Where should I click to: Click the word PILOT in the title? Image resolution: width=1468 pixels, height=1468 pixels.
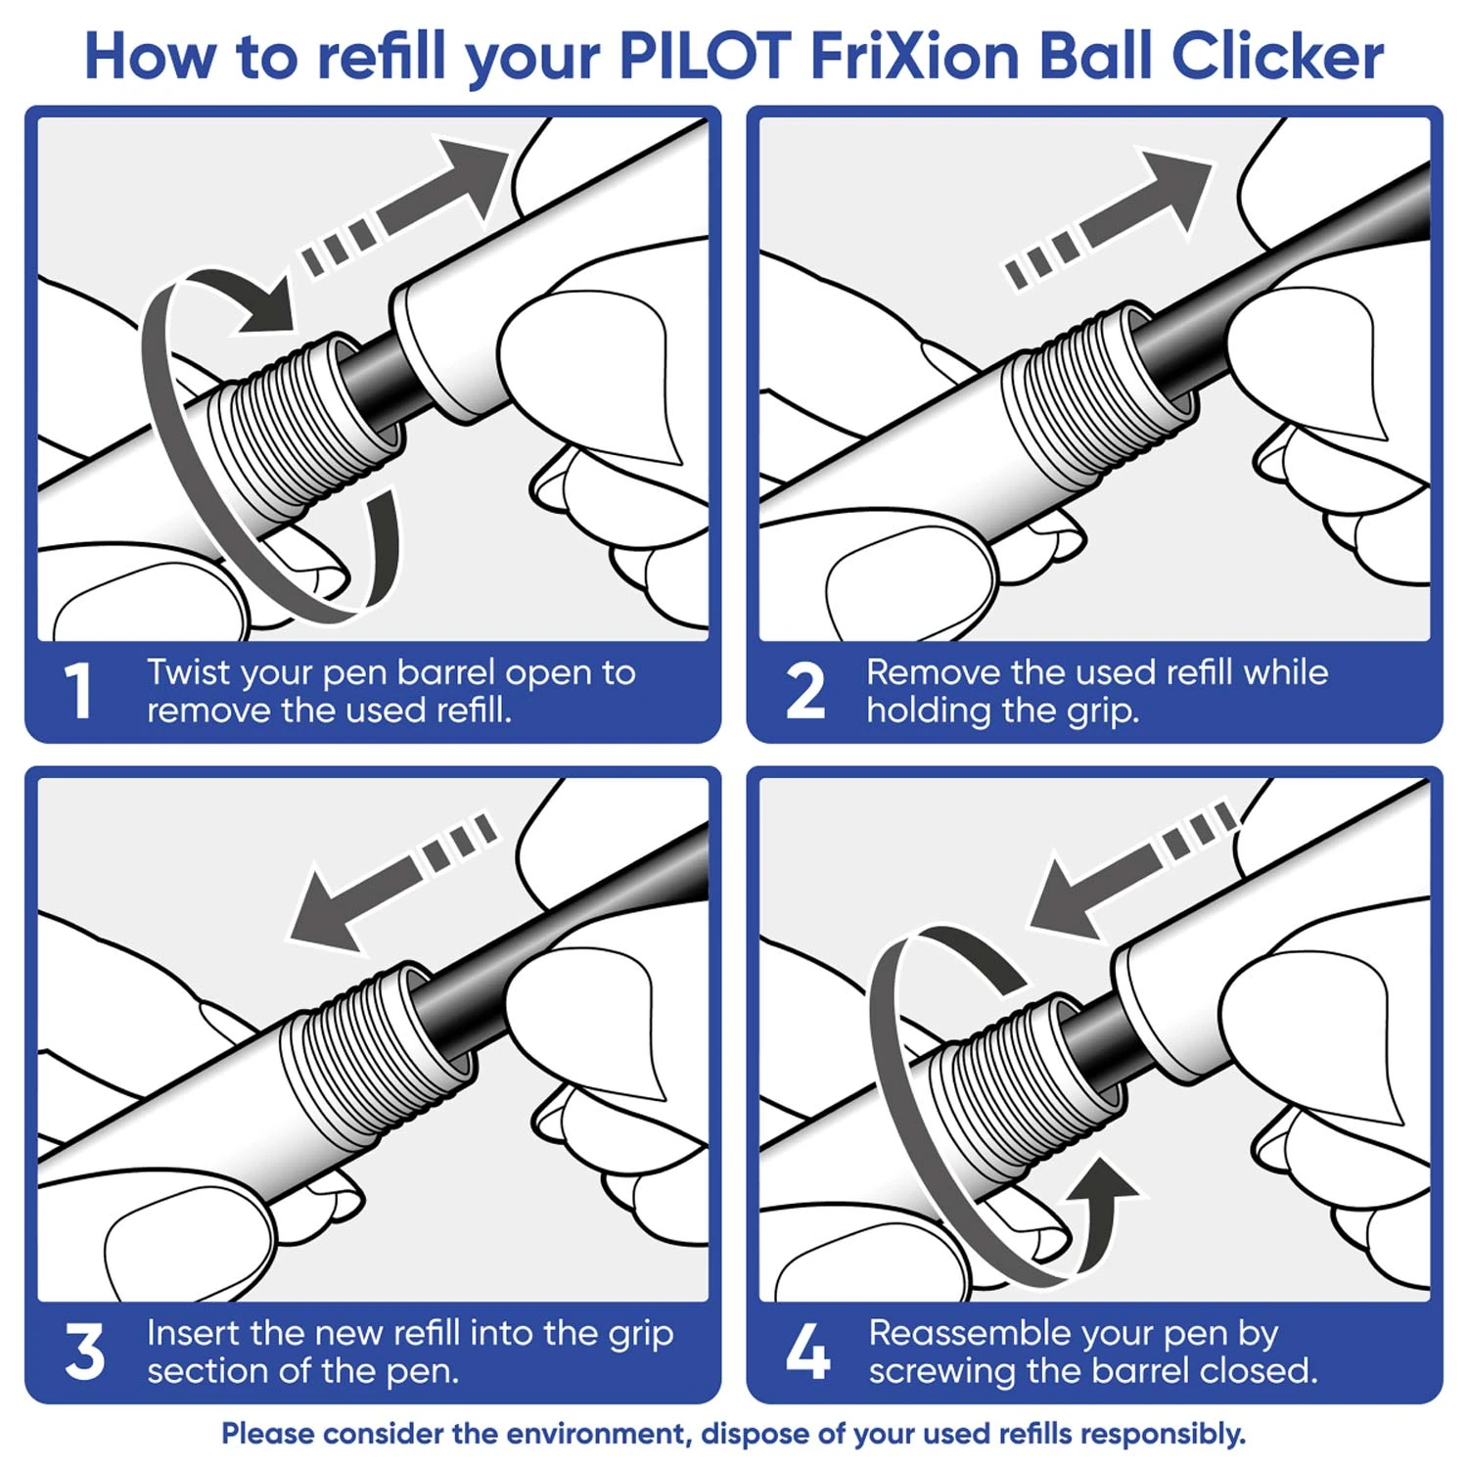pyautogui.click(x=705, y=56)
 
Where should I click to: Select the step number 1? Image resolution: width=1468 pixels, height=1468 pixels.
pyautogui.click(x=78, y=691)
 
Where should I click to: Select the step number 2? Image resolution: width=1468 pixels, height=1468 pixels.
pyautogui.click(x=805, y=691)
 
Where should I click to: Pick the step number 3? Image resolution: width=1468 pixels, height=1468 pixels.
pyautogui.click(x=84, y=1352)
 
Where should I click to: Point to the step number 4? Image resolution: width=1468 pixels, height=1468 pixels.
pyautogui.click(x=807, y=1352)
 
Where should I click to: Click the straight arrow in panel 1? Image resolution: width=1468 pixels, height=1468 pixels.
pyautogui.click(x=405, y=207)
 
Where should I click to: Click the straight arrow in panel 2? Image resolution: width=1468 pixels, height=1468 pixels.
pyautogui.click(x=1108, y=219)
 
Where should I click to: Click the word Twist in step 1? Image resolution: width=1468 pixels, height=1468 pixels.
pyautogui.click(x=188, y=672)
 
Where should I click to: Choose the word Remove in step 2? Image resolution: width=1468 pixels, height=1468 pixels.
pyautogui.click(x=934, y=672)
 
